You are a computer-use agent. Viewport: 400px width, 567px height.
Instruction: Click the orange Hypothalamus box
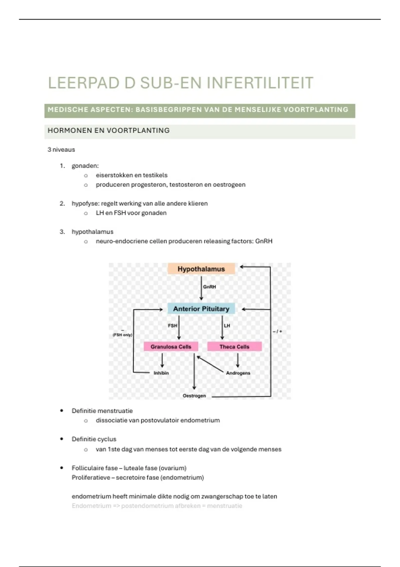pos(201,268)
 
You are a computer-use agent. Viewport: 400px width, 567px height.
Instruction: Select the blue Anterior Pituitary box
pos(201,309)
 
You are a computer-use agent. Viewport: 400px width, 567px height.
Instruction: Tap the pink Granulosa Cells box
pos(171,347)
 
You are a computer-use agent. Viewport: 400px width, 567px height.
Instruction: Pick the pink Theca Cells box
pos(235,347)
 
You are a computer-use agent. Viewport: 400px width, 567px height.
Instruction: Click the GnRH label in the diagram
pos(209,287)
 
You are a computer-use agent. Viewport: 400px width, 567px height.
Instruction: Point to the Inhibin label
pos(161,373)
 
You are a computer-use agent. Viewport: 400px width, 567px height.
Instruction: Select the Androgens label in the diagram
pos(238,373)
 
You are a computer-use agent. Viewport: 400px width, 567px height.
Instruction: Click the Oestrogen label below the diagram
pos(194,396)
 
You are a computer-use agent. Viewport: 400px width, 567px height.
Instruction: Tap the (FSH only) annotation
pos(122,335)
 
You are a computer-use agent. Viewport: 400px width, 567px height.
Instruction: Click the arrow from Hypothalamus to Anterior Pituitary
pos(201,288)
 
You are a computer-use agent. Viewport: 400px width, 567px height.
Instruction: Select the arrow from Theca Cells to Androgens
pos(238,361)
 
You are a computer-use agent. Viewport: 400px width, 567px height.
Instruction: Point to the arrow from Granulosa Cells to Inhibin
pos(162,361)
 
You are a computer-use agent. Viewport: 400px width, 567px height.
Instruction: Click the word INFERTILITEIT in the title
pos(260,83)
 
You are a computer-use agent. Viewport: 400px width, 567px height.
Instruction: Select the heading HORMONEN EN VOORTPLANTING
pos(109,131)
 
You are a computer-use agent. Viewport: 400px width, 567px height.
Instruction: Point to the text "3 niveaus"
pos(61,150)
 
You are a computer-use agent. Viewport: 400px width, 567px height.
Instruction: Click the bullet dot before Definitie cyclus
pos(62,439)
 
